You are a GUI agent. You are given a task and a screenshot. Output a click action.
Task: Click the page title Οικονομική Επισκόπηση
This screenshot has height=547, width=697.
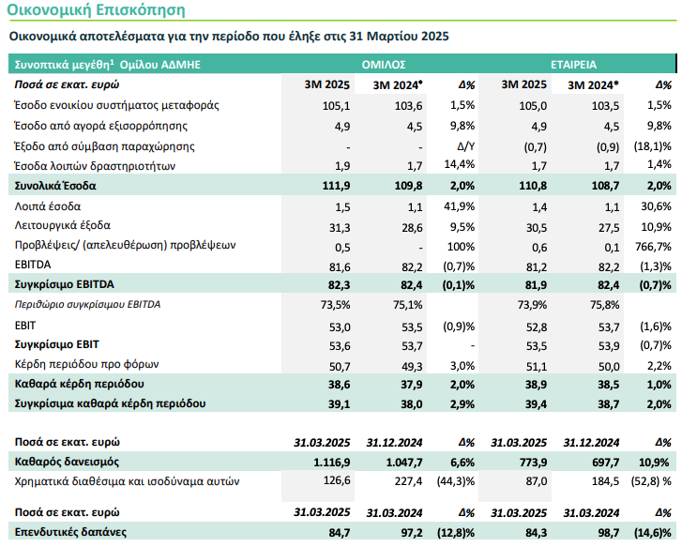point(96,9)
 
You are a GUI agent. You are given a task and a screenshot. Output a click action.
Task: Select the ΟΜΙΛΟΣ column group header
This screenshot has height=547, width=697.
point(384,65)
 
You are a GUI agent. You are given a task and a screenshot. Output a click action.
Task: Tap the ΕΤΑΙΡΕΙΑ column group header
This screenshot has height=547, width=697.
point(573,65)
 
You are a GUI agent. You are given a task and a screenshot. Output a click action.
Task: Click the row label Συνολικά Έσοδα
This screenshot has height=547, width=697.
point(55,186)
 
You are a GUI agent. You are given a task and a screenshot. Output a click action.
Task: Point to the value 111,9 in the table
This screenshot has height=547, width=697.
point(336,186)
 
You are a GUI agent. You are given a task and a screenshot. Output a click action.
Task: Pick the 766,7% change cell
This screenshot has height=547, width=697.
point(653,247)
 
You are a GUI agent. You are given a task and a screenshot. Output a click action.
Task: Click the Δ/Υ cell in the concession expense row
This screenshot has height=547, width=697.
point(466,146)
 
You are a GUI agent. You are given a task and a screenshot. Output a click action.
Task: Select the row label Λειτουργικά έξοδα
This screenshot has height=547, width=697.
point(63,225)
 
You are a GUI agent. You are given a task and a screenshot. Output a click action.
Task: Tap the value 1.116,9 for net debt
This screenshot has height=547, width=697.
point(331,462)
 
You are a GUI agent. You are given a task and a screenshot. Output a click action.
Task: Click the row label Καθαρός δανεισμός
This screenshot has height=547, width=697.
point(67,462)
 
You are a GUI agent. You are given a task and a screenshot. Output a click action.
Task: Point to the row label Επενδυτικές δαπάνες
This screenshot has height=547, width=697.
point(70,532)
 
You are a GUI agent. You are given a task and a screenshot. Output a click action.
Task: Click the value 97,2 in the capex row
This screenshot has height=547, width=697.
point(412,532)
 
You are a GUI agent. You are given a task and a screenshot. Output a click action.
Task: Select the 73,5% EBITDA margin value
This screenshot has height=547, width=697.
point(335,305)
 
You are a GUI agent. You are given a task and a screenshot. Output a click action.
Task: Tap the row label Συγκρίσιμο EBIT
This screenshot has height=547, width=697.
point(57,344)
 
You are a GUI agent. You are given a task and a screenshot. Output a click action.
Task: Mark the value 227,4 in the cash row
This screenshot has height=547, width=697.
point(408,481)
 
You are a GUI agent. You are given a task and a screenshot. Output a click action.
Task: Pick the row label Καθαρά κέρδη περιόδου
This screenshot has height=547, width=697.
point(79,384)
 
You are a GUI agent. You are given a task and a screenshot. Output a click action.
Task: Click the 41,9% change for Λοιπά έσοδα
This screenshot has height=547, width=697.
point(460,206)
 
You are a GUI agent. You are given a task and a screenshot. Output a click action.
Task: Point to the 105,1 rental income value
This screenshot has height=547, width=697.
point(337,106)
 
